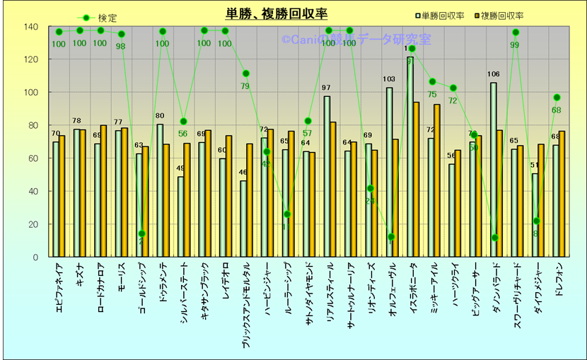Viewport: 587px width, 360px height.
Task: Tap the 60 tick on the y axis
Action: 33,158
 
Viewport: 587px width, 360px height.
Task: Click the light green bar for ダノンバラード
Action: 493,170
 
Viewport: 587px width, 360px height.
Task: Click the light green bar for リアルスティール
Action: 327,177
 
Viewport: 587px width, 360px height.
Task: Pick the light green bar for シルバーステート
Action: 181,216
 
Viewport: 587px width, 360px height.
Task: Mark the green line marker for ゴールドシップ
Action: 142,234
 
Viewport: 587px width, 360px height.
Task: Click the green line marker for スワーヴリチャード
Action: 516,33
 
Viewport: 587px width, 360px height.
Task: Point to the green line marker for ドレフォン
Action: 557,98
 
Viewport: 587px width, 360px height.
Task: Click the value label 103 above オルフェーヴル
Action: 388,79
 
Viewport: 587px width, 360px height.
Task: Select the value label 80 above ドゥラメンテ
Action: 160,116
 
